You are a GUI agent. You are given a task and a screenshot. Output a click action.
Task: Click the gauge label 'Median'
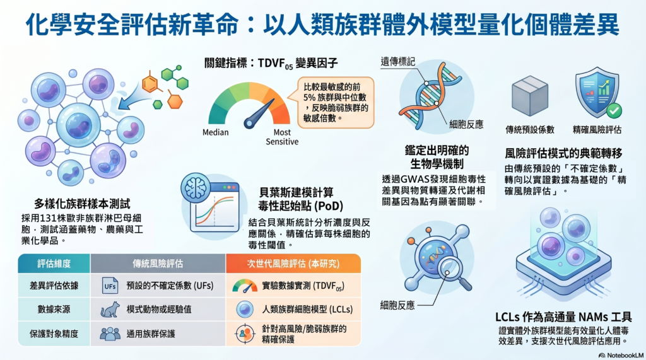[x=216, y=132]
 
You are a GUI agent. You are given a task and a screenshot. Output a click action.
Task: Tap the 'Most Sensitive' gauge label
[x=282, y=137]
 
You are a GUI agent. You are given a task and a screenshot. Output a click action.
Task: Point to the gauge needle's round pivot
[x=250, y=123]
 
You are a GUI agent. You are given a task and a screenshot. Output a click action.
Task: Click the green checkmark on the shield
[x=613, y=110]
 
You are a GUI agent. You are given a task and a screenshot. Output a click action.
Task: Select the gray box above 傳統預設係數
[x=530, y=96]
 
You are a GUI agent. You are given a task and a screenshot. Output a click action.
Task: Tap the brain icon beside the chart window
[x=196, y=187]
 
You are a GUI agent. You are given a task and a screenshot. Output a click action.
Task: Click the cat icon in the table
[x=110, y=310]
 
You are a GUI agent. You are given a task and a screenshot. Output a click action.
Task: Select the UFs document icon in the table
[x=110, y=286]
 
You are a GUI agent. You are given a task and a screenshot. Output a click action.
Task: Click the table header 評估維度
[x=54, y=264]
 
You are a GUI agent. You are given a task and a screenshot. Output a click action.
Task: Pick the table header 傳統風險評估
[x=158, y=264]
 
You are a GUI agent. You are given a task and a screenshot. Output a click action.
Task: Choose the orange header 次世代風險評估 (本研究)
[x=293, y=264]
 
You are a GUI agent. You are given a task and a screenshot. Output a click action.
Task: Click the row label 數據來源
[x=54, y=310]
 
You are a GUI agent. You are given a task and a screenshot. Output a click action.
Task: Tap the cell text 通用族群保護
[x=151, y=334]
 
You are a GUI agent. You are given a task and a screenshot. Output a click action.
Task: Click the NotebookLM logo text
[x=621, y=355]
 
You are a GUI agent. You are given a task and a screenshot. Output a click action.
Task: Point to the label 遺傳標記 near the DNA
[x=397, y=62]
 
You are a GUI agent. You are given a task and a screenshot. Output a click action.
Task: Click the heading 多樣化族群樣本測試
[x=82, y=204]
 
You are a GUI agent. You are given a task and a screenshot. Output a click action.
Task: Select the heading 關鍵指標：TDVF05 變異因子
[x=271, y=63]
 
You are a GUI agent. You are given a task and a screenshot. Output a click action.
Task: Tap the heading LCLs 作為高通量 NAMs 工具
[x=563, y=317]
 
